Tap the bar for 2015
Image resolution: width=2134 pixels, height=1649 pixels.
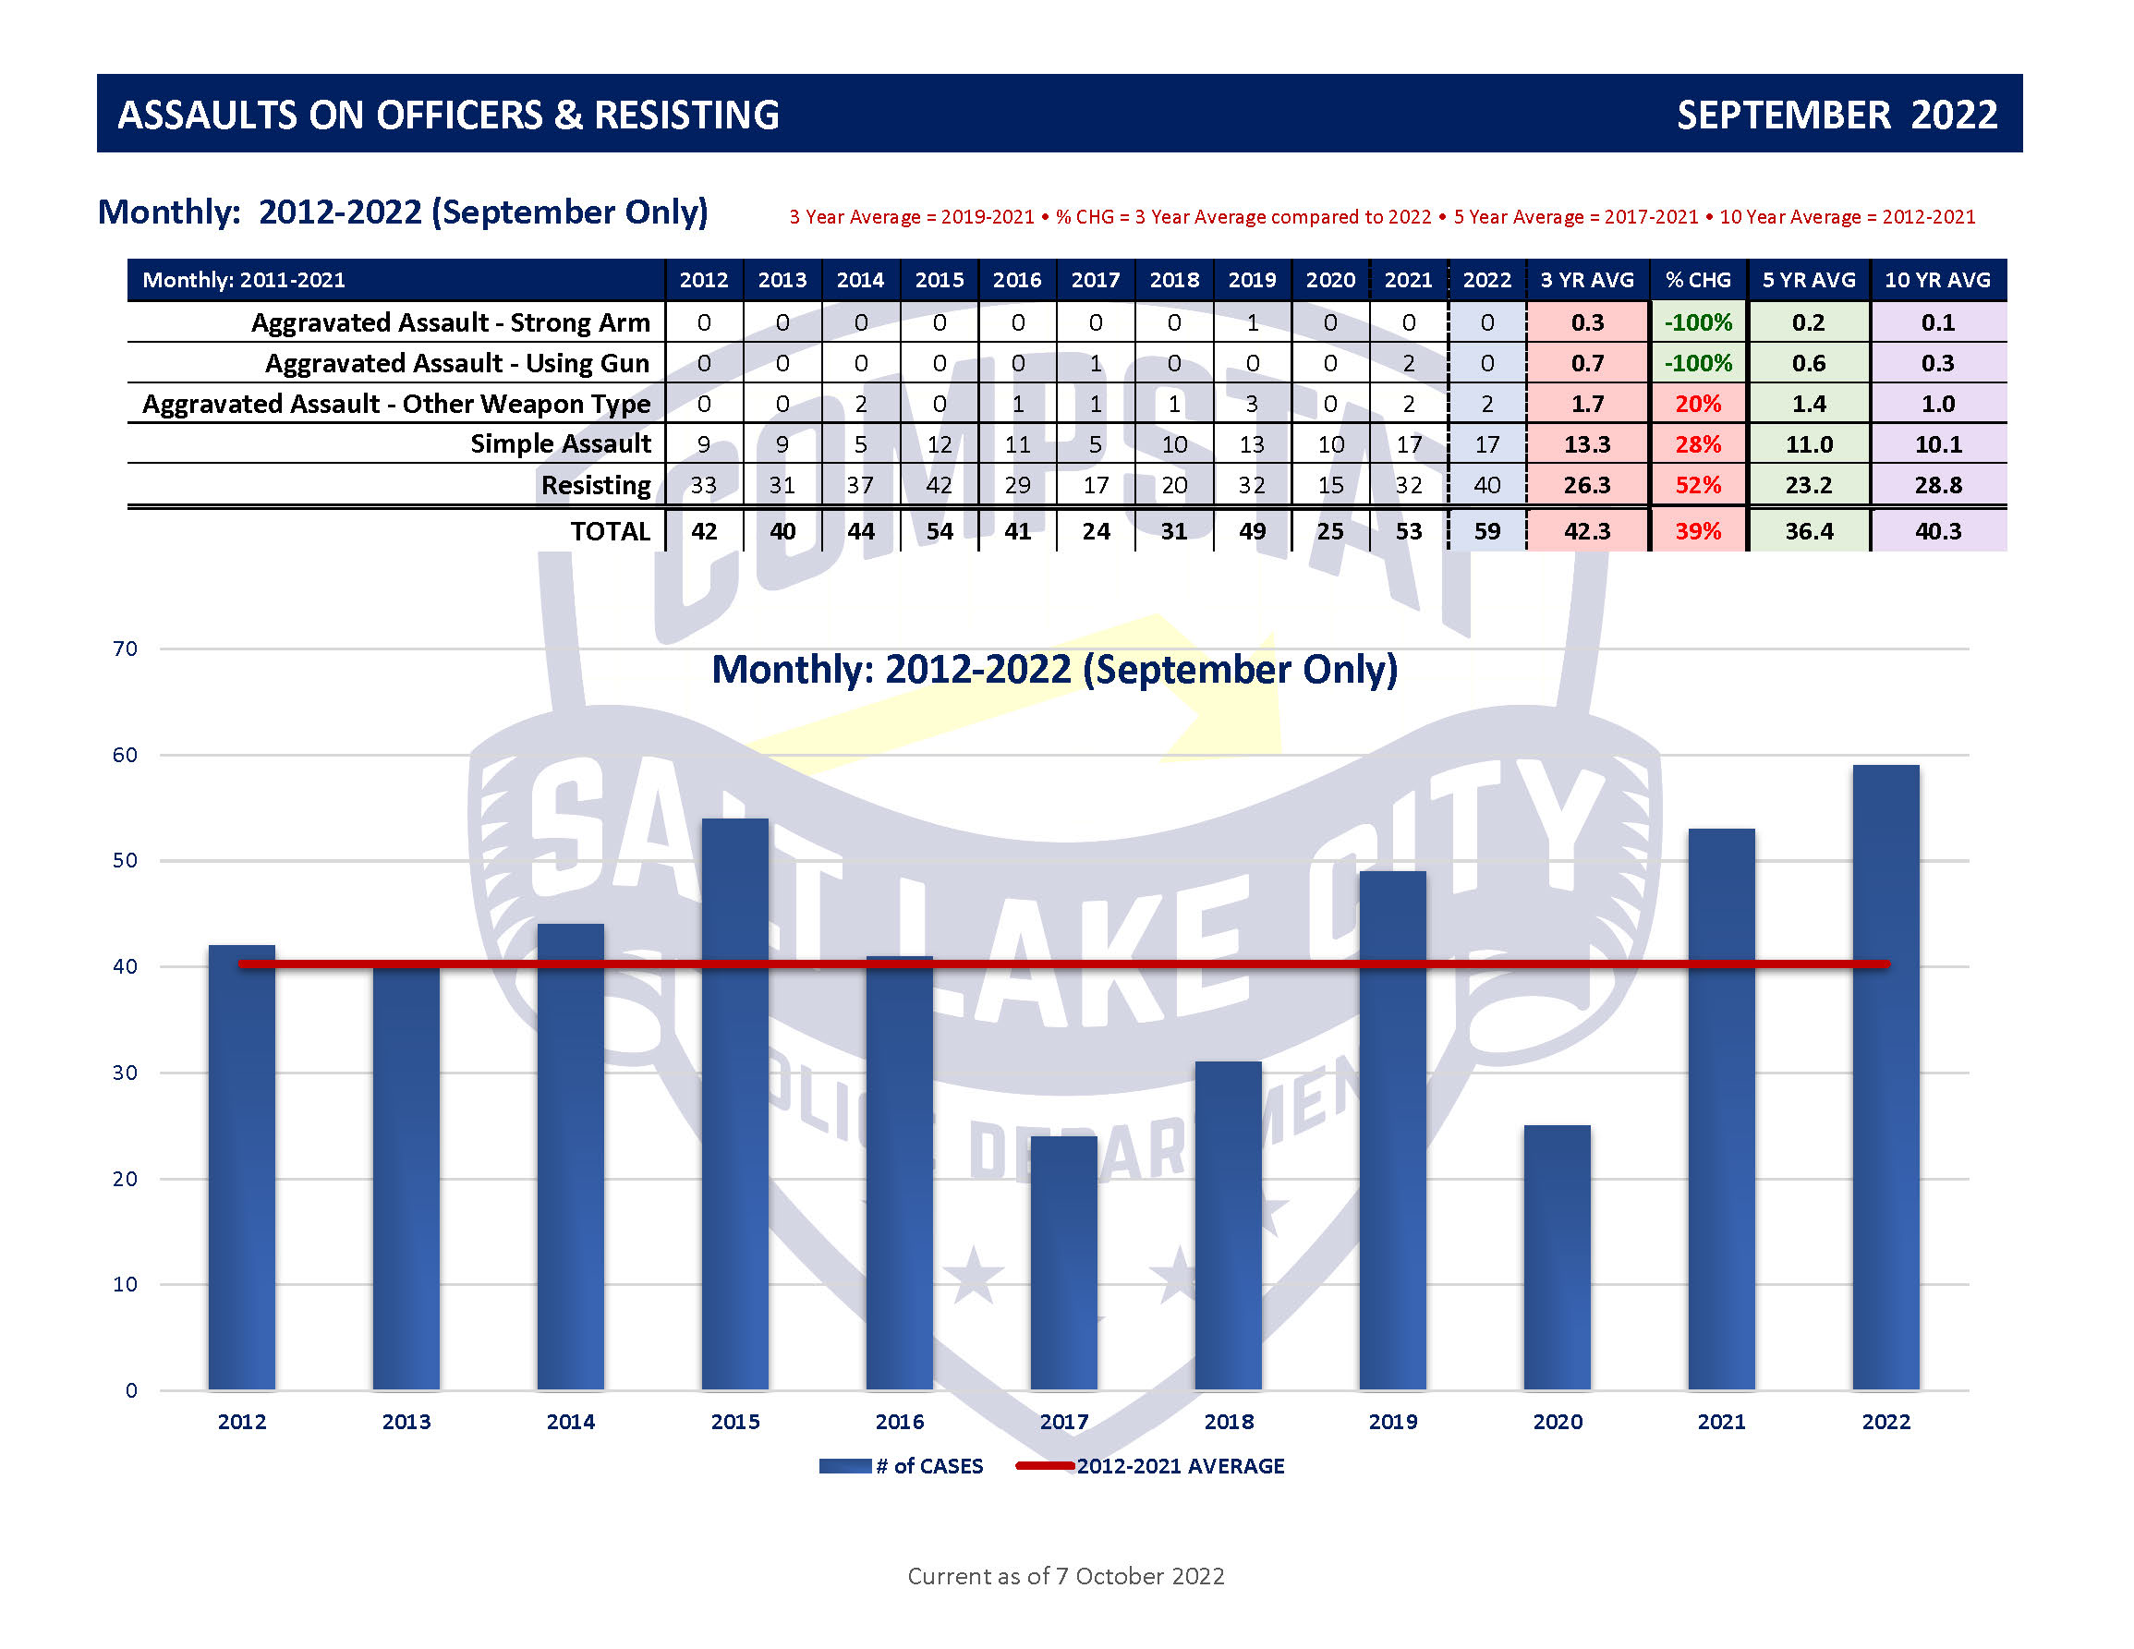coord(734,1104)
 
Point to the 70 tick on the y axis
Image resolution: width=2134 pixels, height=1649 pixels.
coord(125,649)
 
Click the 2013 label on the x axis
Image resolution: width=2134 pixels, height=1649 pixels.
coord(406,1422)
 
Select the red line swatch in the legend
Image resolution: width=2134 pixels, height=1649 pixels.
coord(1045,1465)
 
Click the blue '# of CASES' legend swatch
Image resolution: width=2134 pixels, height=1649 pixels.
coord(845,1465)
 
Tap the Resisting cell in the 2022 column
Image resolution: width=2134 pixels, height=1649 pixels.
coord(1486,486)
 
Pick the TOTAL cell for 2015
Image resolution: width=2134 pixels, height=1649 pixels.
coord(939,531)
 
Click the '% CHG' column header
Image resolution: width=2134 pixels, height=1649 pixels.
coord(1698,280)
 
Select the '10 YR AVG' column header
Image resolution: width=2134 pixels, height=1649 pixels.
coord(1936,280)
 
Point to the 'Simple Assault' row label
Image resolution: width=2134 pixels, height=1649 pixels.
coord(560,443)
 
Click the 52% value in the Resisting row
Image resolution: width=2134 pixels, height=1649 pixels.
coord(1698,486)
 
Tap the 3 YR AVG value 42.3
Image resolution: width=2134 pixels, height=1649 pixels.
coord(1587,531)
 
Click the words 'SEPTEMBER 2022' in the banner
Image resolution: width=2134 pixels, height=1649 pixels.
coord(1837,115)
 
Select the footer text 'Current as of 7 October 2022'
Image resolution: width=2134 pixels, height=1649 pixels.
coord(1065,1576)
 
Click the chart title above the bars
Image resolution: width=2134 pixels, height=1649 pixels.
coord(1054,670)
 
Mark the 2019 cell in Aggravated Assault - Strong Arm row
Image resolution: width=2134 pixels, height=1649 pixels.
coord(1252,322)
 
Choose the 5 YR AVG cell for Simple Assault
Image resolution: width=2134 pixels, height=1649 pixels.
coord(1809,444)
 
